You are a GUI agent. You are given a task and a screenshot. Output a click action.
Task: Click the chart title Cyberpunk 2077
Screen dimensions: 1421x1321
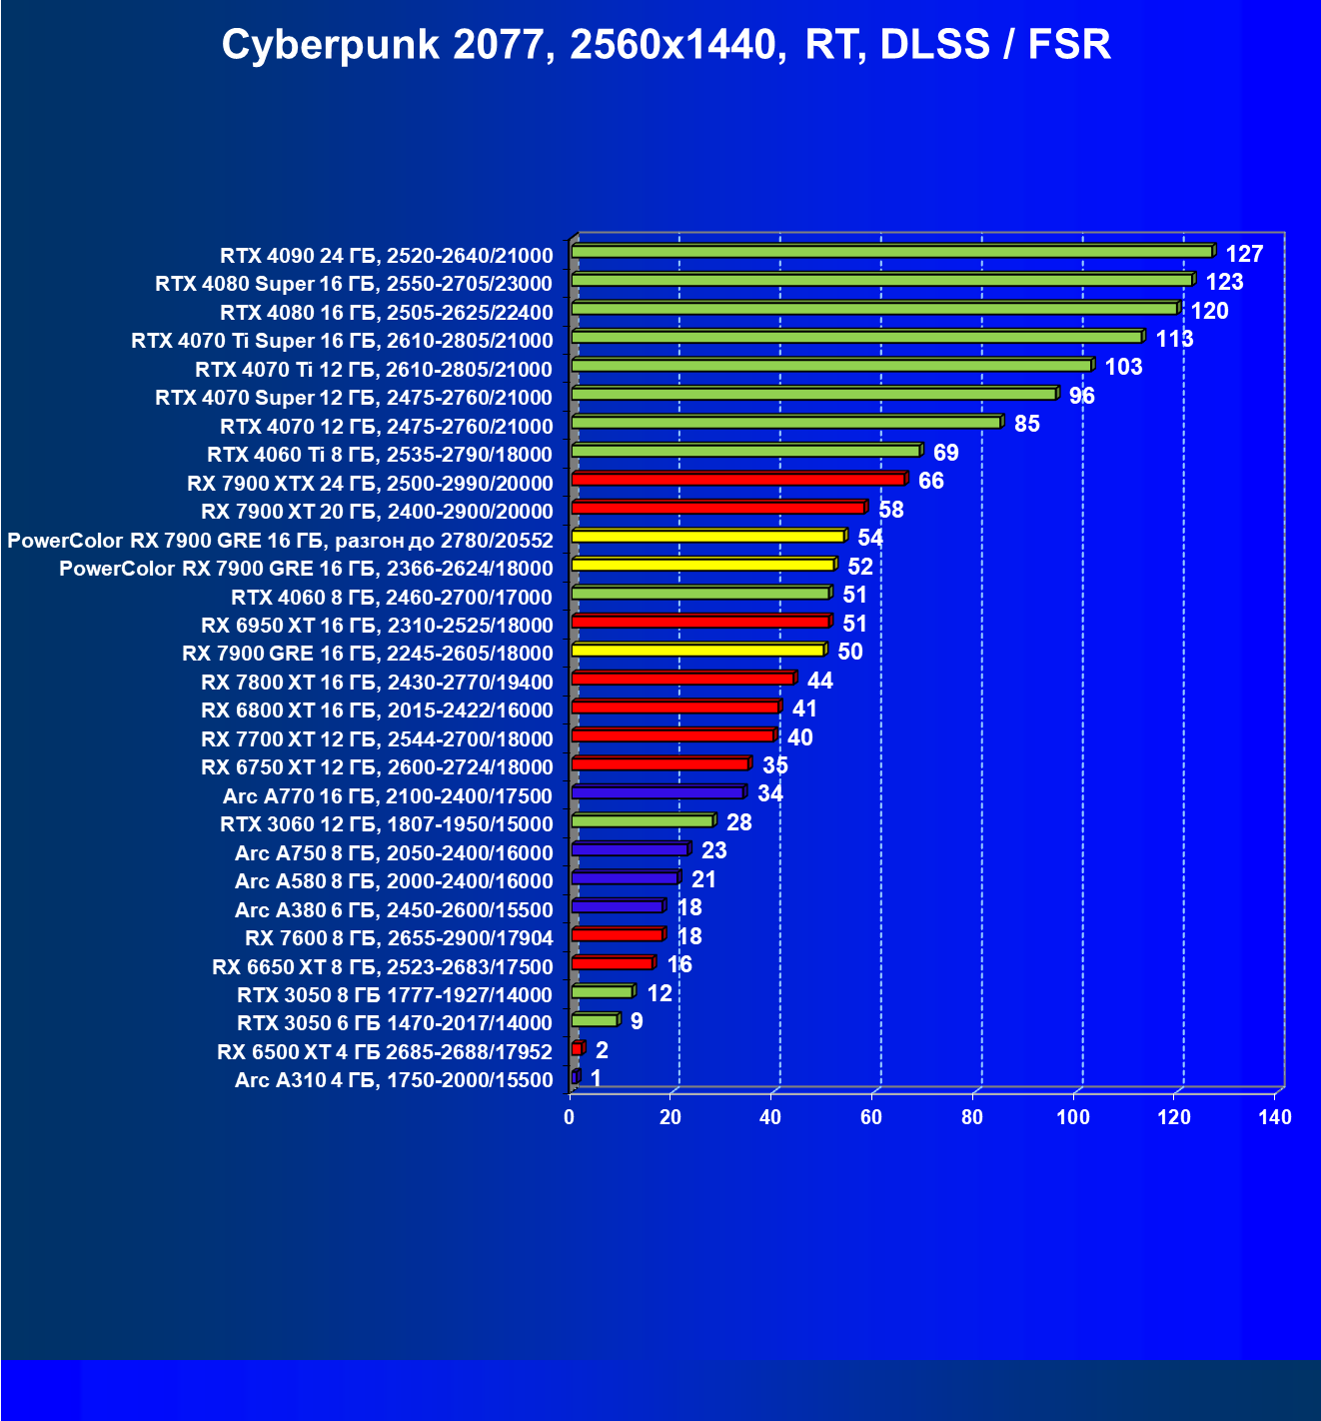[665, 46]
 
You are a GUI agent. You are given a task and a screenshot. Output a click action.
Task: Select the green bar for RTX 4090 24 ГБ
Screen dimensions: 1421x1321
[891, 252]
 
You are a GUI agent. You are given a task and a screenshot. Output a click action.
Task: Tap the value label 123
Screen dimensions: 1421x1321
[1224, 282]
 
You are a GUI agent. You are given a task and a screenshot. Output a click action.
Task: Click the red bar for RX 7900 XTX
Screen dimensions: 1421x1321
[737, 480]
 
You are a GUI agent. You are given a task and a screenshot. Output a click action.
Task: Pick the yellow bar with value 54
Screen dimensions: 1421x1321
[707, 537]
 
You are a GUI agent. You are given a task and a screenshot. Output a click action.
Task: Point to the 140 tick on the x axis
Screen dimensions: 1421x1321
[1275, 1117]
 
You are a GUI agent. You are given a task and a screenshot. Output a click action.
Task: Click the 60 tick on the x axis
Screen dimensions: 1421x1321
[871, 1117]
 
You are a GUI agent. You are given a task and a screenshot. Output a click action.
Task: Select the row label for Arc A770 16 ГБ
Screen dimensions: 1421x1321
[387, 796]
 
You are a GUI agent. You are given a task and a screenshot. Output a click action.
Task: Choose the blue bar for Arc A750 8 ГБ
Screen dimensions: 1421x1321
[630, 850]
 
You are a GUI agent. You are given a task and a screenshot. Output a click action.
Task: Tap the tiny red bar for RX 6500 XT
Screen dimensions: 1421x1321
[577, 1049]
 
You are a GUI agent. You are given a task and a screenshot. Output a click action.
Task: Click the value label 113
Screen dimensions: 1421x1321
[1174, 339]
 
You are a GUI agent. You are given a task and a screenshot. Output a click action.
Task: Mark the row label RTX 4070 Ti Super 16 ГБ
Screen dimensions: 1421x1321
[342, 341]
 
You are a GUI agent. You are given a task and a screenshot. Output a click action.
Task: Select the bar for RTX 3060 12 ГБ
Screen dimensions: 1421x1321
[642, 821]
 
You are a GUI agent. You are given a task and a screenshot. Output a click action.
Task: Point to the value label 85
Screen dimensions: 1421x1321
[1026, 424]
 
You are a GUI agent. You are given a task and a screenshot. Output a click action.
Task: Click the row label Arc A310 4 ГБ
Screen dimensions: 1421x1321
[393, 1080]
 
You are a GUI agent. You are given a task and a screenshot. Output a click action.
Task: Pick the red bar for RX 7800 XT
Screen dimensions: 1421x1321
[682, 680]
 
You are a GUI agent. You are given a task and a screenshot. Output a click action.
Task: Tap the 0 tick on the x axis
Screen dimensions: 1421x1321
[570, 1117]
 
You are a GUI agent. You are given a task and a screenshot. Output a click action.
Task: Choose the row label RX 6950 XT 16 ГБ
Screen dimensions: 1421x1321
[376, 626]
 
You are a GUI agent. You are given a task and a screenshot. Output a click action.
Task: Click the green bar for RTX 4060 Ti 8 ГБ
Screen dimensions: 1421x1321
[744, 452]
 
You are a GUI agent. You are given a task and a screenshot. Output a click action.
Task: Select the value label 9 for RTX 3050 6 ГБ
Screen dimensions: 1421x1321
[636, 1021]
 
